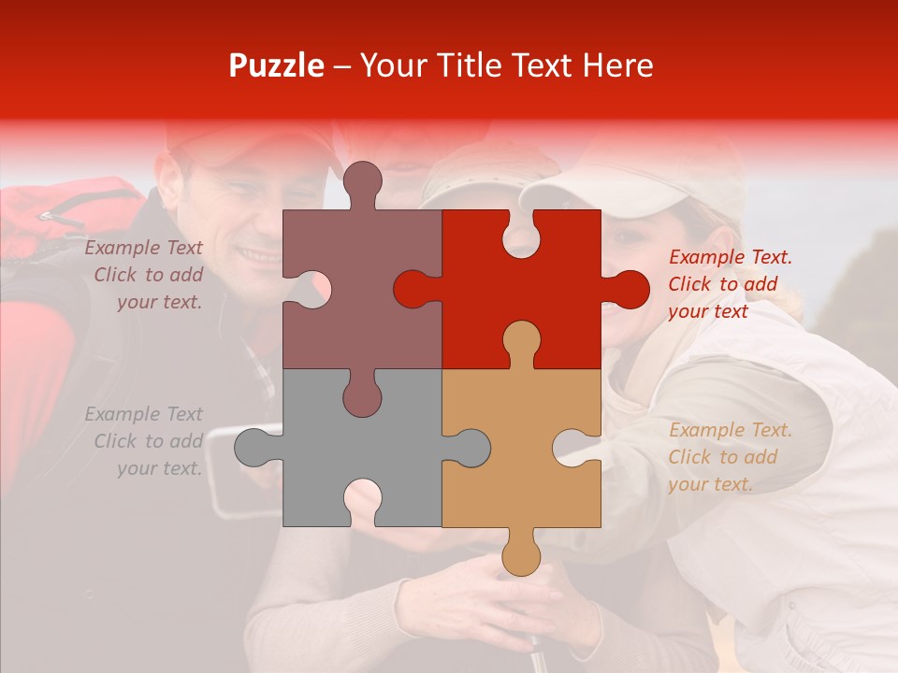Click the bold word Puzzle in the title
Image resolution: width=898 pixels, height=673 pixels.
(277, 65)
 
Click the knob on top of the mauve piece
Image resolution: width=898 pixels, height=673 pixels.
(362, 182)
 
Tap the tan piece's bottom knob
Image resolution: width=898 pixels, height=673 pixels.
(521, 554)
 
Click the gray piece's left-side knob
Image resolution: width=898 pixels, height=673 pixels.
(254, 447)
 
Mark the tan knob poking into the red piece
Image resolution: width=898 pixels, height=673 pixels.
(521, 341)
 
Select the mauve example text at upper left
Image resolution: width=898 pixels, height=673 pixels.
(145, 275)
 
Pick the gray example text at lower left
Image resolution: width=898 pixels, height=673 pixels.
(145, 441)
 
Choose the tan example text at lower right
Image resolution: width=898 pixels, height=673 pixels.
(730, 457)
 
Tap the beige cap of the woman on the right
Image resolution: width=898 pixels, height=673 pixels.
(636, 178)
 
